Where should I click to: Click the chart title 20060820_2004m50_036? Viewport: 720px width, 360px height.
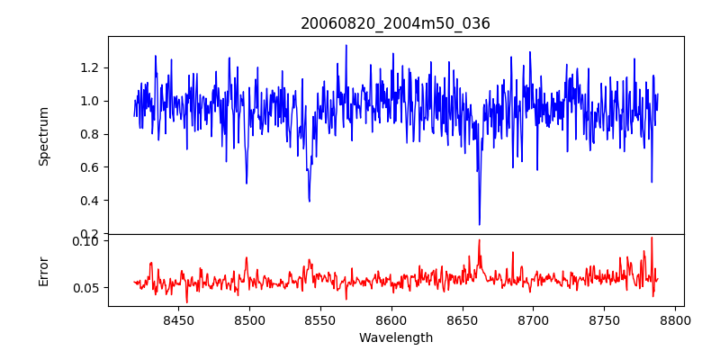[x=395, y=23]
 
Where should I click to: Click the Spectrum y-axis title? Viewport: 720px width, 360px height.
[x=43, y=135]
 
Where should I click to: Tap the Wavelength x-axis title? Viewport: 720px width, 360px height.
[x=395, y=338]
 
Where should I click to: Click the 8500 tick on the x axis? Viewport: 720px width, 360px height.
[x=249, y=319]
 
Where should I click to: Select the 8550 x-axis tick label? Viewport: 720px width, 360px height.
[x=320, y=319]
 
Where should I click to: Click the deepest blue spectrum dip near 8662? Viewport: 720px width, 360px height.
[x=479, y=224]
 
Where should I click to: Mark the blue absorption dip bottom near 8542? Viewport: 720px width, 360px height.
[x=309, y=201]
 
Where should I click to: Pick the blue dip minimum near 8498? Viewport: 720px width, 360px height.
[x=246, y=184]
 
